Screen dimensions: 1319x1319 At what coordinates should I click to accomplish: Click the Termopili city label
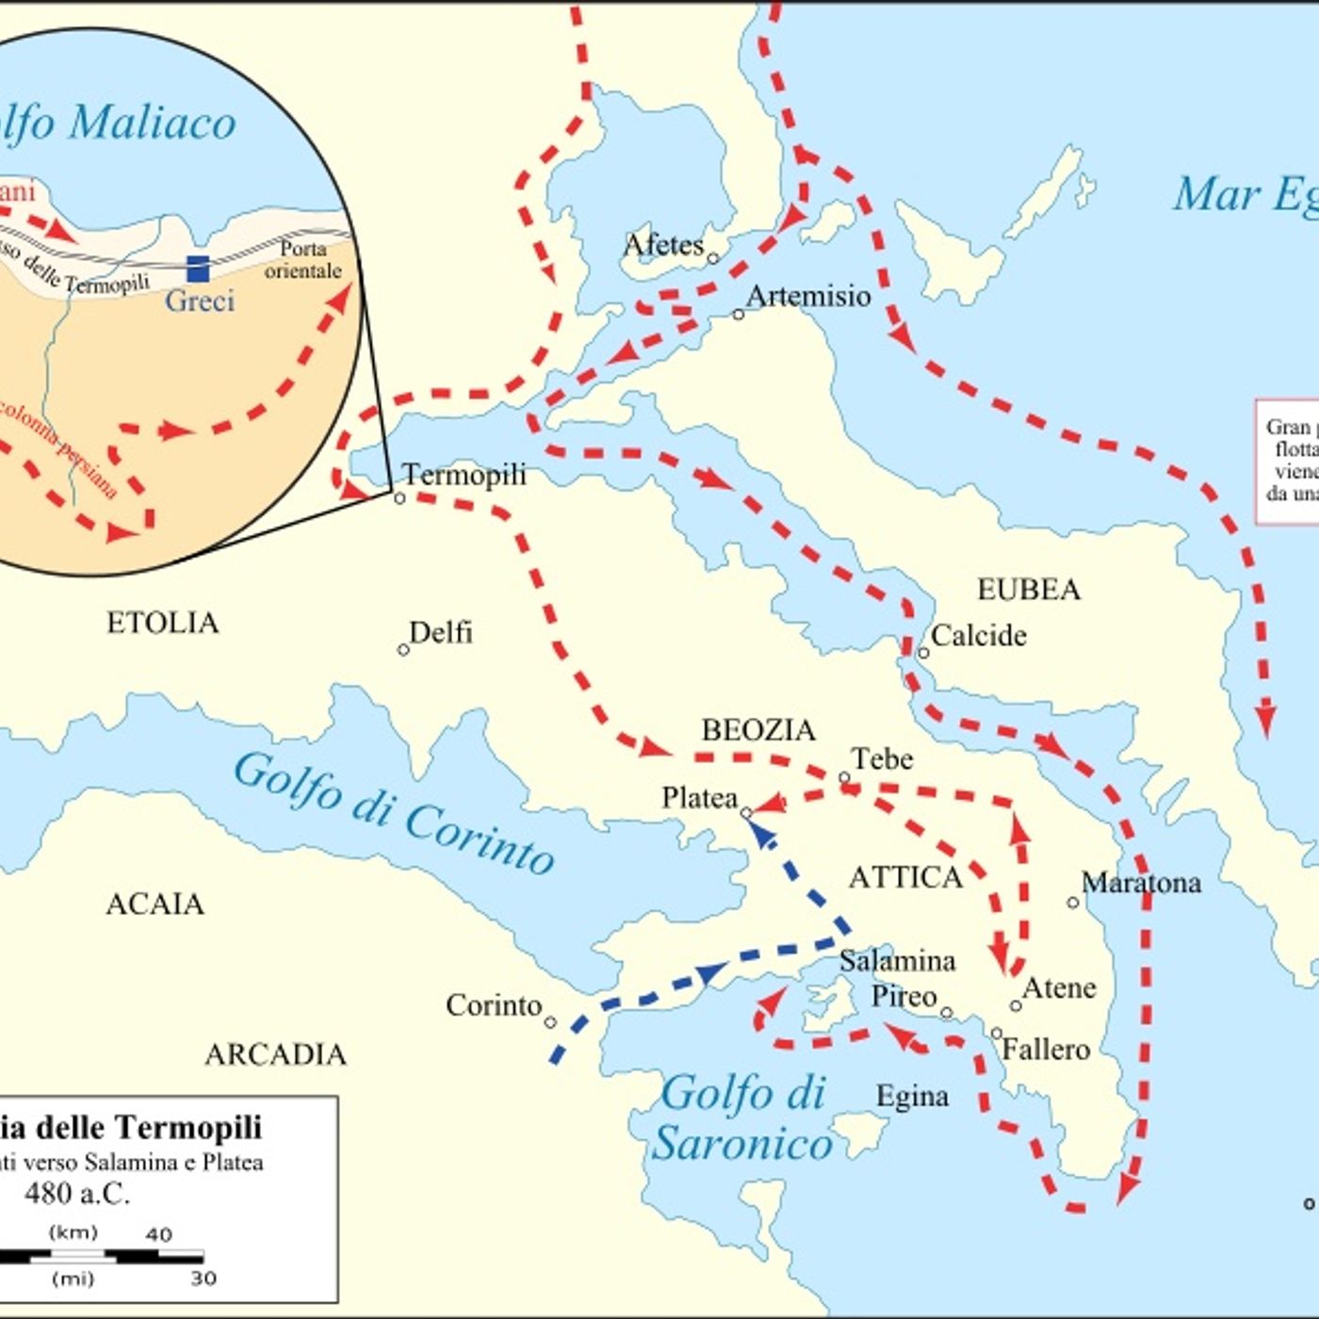pos(464,475)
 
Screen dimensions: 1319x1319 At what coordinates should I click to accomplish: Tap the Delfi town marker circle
pos(403,650)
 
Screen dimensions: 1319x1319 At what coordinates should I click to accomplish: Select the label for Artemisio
pos(808,296)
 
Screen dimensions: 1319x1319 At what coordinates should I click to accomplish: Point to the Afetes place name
pos(663,245)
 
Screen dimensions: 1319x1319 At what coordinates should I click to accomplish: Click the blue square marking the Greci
pos(198,269)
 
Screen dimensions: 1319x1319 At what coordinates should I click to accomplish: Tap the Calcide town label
pos(978,636)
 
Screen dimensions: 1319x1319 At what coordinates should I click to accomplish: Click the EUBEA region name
pos(1028,590)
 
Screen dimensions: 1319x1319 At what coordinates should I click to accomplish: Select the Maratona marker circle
pos(1072,903)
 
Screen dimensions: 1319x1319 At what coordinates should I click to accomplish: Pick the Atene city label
pos(1059,987)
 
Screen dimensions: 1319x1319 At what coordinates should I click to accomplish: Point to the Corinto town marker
pos(550,1022)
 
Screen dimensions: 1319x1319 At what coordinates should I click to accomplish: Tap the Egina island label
pos(912,1097)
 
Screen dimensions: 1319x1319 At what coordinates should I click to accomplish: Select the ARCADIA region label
pos(275,1053)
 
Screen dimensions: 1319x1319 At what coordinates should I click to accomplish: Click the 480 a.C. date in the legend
pos(77,1194)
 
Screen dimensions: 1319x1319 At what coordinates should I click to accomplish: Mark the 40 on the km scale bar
pos(158,1234)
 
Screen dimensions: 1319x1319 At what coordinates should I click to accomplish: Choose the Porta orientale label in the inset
pos(302,260)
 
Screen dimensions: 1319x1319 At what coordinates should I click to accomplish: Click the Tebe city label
pos(882,759)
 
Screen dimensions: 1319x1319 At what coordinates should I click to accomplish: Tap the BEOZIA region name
pos(758,730)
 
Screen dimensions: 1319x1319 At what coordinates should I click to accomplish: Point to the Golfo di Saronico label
pos(742,1118)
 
